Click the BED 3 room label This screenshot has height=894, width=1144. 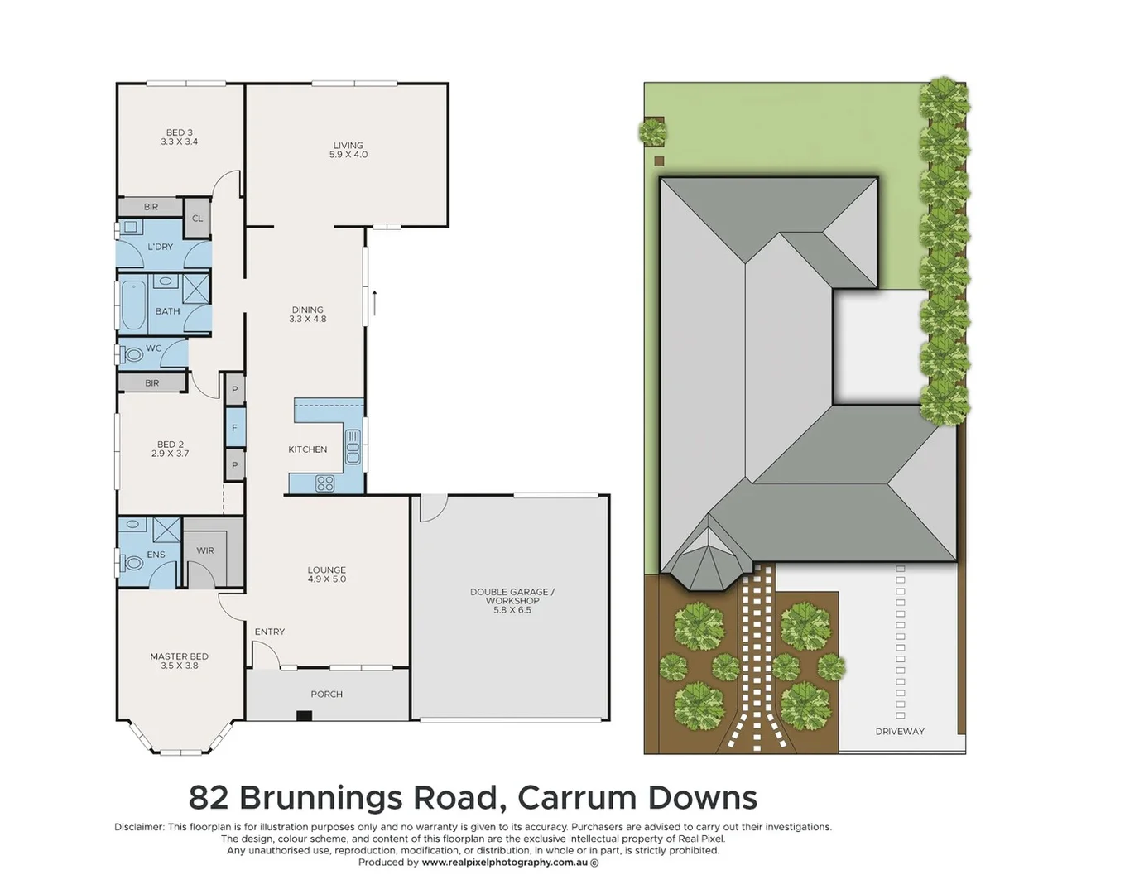pos(179,137)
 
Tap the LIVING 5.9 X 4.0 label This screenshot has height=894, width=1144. pos(348,150)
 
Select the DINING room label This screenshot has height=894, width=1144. pos(307,315)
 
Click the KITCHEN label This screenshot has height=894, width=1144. pos(307,449)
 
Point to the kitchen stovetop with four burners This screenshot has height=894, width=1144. pos(325,483)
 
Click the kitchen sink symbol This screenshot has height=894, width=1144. pos(353,447)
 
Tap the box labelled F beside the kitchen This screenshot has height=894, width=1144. pos(234,428)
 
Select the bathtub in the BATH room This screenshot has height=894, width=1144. pos(132,305)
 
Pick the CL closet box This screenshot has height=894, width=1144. pos(197,219)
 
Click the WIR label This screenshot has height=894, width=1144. pos(205,550)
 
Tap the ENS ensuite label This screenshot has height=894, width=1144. pos(156,555)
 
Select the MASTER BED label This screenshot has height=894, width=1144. pos(179,661)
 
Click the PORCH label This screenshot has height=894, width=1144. pos(326,695)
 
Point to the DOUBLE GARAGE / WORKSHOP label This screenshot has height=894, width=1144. pos(512,600)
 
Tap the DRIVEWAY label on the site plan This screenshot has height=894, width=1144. pos(900,732)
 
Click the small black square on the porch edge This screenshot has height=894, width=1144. pos(304,716)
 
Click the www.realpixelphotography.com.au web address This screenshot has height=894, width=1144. pos(505,863)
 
